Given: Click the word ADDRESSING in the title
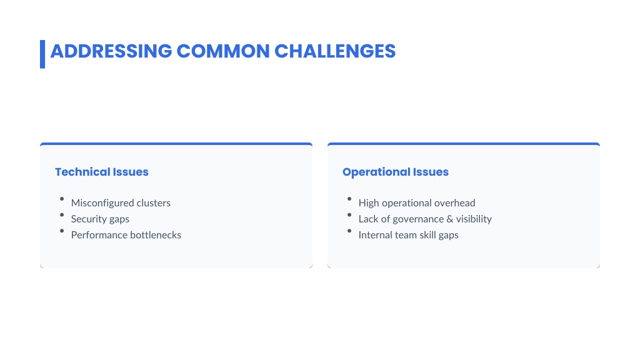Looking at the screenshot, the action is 111,51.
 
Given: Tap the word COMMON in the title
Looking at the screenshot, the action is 223,51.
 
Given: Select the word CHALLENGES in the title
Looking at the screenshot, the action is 335,51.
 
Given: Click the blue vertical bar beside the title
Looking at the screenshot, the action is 42,54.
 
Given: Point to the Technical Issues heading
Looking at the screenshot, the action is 102,172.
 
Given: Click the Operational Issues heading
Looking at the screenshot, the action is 396,172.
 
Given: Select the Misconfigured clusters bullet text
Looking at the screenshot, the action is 121,203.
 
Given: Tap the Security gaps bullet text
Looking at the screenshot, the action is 100,219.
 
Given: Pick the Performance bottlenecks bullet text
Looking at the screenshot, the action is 126,235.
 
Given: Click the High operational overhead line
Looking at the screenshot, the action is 417,203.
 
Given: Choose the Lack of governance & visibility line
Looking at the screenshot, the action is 425,219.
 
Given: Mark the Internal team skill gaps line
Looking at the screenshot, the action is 408,235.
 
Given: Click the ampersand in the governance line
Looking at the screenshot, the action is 450,219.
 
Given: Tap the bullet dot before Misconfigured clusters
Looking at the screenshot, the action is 62,199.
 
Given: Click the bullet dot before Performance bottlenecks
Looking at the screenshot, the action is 62,231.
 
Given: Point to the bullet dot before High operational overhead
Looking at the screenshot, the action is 349,199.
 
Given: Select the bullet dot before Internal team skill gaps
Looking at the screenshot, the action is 349,231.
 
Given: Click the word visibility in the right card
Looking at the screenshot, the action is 474,219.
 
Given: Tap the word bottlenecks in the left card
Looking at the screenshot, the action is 156,235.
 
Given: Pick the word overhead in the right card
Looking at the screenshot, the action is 456,203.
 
